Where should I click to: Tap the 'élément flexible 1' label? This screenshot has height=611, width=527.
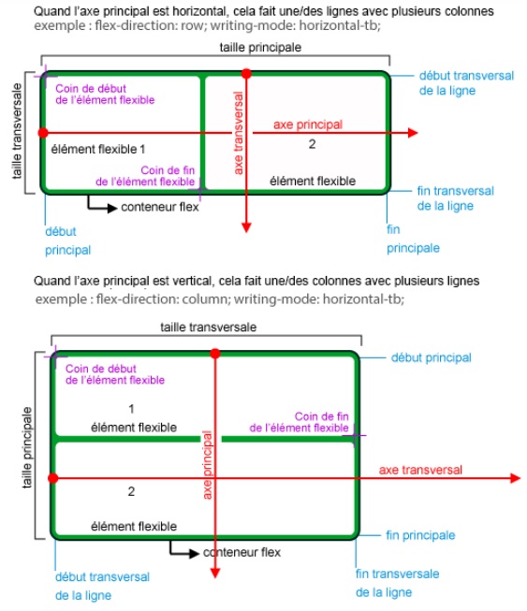(x=98, y=149)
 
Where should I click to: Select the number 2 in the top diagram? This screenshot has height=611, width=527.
(x=311, y=144)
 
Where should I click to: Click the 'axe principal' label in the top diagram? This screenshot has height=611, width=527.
(x=307, y=124)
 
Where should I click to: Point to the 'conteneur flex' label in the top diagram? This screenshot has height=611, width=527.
(x=160, y=207)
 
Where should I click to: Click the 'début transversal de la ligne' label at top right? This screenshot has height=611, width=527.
(x=447, y=84)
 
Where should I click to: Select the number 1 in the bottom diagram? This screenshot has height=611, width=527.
(x=131, y=409)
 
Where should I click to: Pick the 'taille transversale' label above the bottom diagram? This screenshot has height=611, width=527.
(x=209, y=327)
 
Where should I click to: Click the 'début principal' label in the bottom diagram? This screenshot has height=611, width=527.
(x=431, y=357)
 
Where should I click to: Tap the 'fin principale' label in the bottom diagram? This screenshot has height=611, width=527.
(x=420, y=535)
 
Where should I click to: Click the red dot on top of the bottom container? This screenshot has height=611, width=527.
(x=216, y=353)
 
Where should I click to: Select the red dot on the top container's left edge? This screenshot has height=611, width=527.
(x=42, y=134)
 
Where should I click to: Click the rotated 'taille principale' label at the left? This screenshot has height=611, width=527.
(x=26, y=445)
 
